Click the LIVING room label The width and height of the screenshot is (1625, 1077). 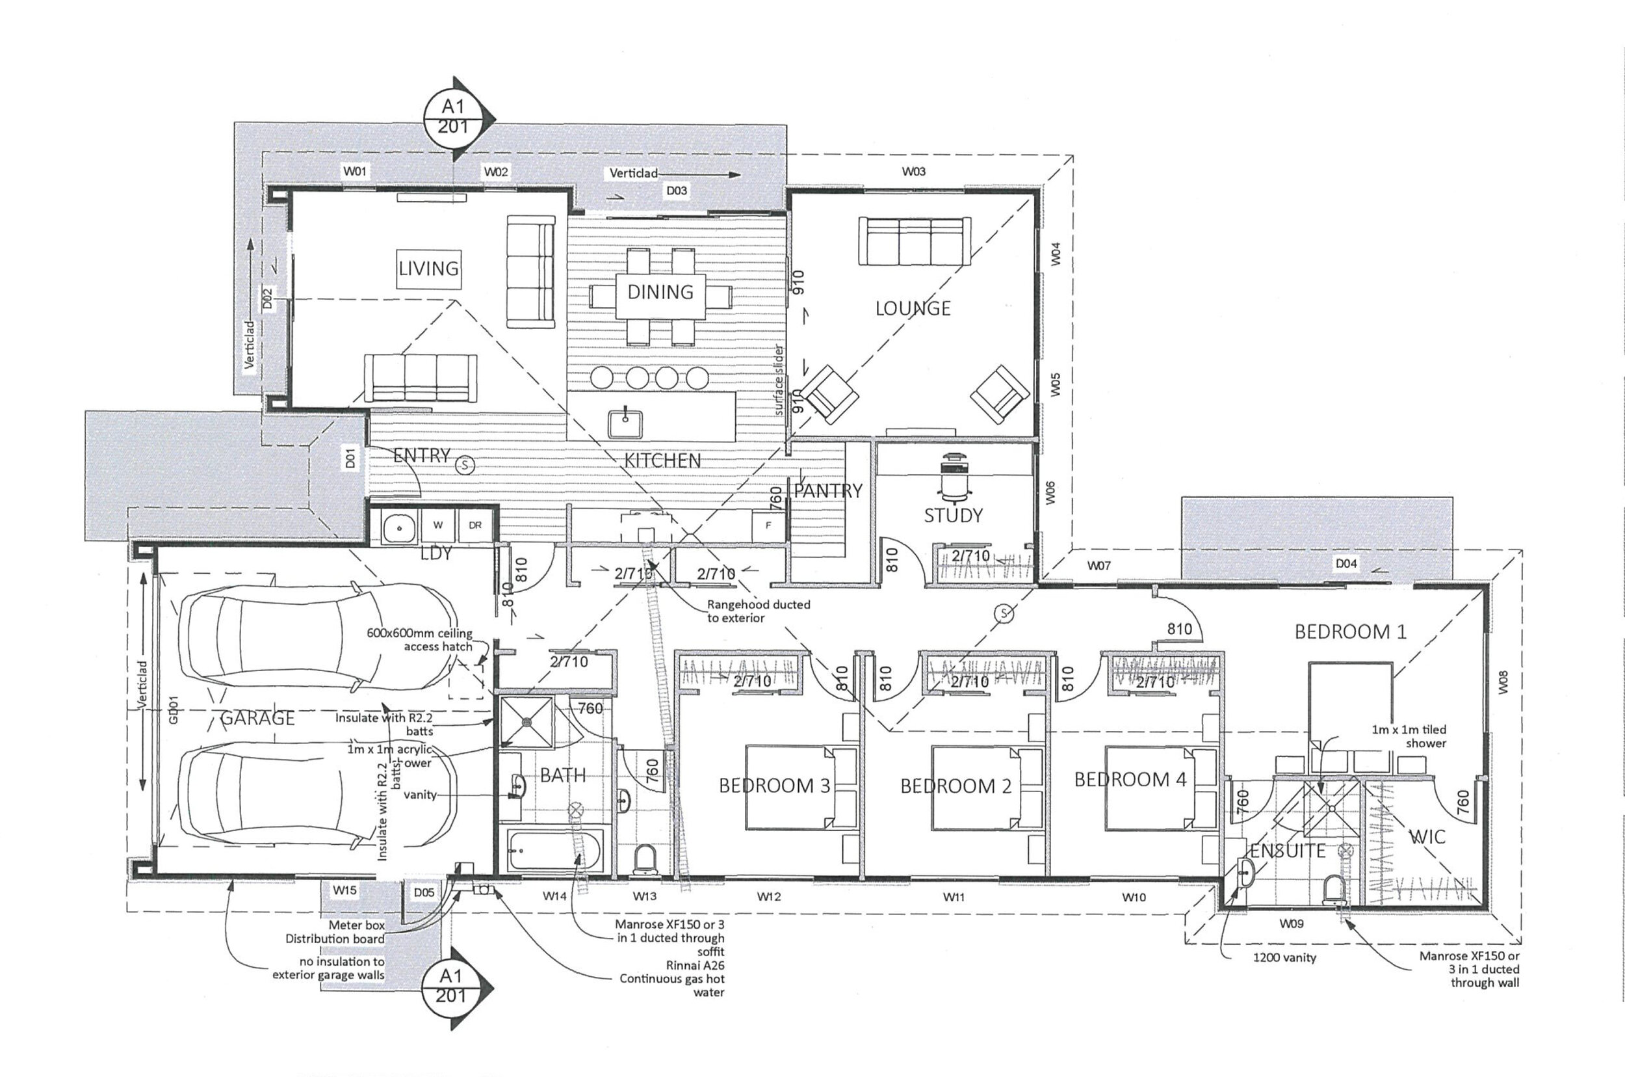click(428, 268)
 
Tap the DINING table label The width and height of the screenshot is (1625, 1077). click(660, 292)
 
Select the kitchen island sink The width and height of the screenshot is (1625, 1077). click(625, 421)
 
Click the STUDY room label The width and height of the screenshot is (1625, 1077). click(953, 515)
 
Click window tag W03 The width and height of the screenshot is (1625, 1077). click(914, 172)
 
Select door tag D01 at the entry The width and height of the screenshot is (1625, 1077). click(351, 458)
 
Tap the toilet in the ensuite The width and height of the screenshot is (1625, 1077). click(1332, 888)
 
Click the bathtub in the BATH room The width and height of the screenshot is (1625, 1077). click(554, 851)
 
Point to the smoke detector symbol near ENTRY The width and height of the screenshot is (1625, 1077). click(465, 466)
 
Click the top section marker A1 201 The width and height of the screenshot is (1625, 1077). click(454, 117)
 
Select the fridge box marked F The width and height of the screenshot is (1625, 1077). click(768, 525)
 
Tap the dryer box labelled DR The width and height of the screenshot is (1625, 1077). click(475, 525)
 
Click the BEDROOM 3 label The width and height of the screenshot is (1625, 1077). click(773, 786)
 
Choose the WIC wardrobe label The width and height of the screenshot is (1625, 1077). click(1427, 836)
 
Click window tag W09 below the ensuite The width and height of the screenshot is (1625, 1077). click(1292, 924)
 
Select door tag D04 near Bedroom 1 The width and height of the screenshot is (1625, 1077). click(1345, 563)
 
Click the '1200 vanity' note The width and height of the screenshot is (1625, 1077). click(1284, 957)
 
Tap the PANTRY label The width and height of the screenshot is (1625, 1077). click(828, 490)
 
